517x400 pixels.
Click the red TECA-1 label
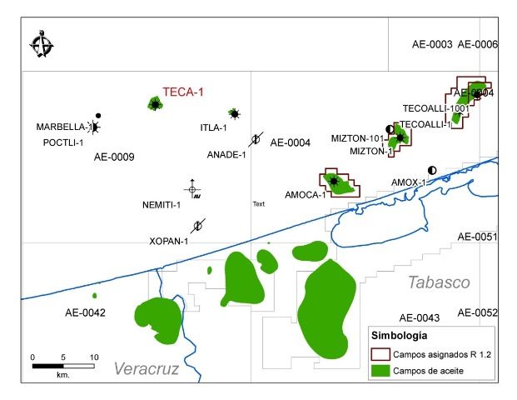183,92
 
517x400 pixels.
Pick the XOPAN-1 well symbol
197,226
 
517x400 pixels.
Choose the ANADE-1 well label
226,155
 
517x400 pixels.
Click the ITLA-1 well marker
235,113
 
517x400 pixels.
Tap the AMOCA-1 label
305,195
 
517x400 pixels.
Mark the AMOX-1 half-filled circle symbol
431,170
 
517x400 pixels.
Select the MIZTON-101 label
357,138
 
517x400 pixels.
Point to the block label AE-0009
114,157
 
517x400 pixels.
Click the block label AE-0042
86,312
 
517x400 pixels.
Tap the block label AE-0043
419,318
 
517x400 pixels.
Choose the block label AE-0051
477,237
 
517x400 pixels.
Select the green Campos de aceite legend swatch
380,369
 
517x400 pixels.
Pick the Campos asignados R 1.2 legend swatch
380,354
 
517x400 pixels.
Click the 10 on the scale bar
94,357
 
